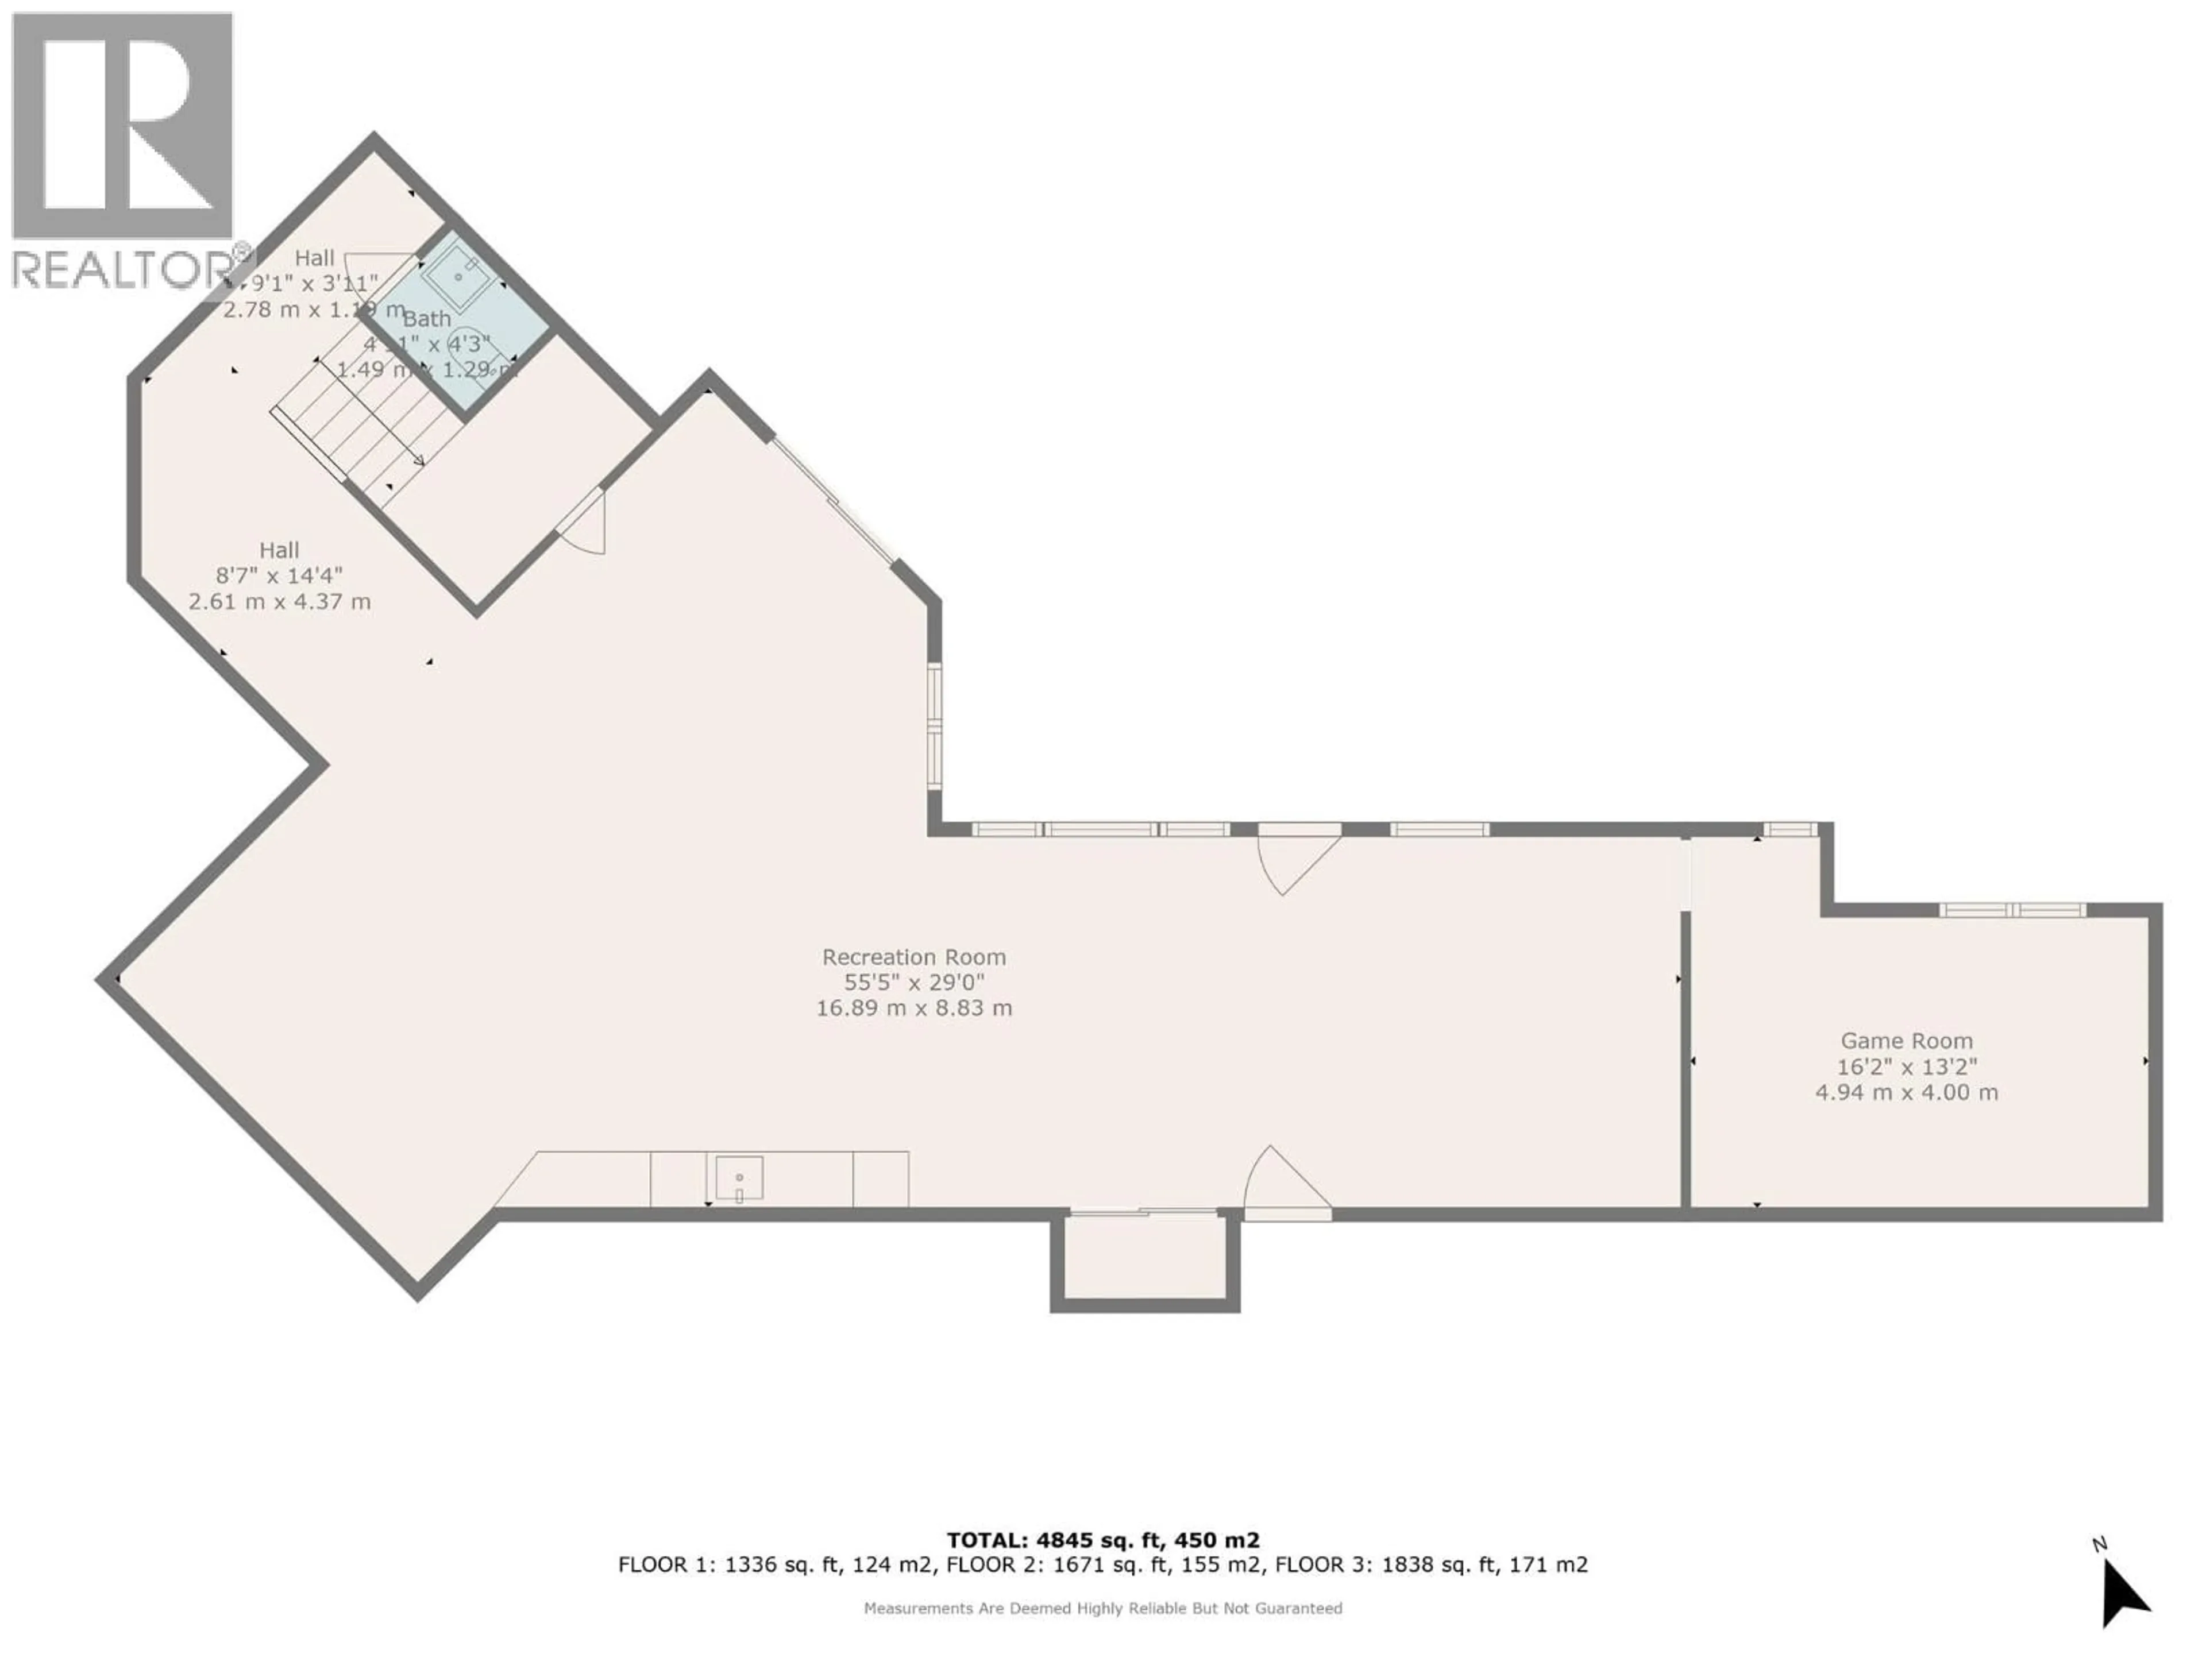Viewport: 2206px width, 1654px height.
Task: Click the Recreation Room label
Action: pos(913,957)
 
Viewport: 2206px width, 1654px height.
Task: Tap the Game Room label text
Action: pos(1906,1041)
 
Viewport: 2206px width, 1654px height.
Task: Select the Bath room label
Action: pos(427,319)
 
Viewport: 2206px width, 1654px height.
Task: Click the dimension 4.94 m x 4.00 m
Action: pos(1906,1093)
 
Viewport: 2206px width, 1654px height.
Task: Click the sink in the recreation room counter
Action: pos(739,1178)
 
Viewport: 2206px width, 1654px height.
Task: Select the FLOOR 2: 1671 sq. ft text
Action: pos(1057,1565)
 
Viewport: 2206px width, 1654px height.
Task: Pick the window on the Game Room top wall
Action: pos(2011,910)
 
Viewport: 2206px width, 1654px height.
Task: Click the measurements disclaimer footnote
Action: pos(1102,1608)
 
